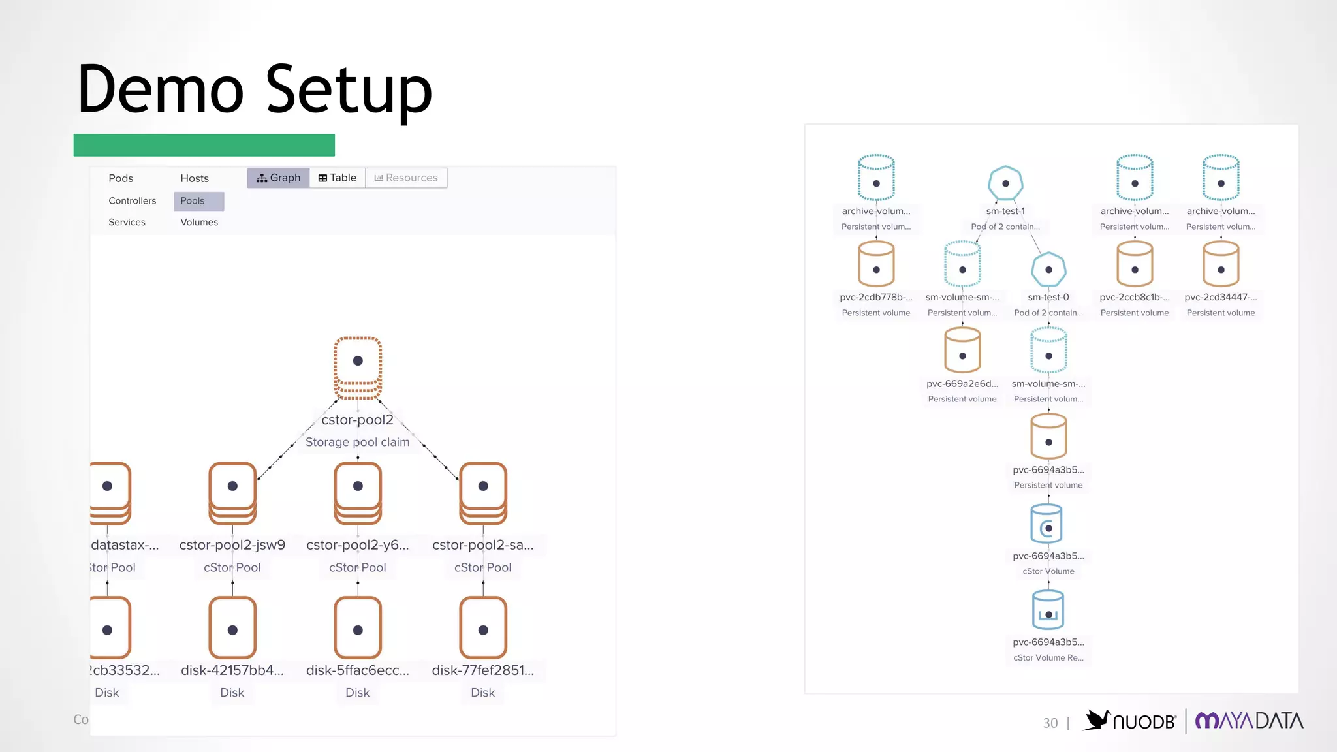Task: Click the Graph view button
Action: point(278,178)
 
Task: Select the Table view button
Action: point(337,178)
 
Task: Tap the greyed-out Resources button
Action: point(406,178)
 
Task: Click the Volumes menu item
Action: point(199,222)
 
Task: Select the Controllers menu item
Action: point(133,201)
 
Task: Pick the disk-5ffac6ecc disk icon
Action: point(358,627)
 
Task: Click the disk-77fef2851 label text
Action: point(482,670)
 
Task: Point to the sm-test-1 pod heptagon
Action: point(1005,183)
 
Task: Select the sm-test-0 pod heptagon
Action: point(1048,270)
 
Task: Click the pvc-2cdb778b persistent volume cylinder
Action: point(876,264)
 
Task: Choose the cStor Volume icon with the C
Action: point(1048,524)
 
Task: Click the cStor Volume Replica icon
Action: point(1048,610)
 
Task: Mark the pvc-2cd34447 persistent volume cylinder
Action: point(1221,264)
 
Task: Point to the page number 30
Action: point(1050,723)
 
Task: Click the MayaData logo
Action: point(1249,721)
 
